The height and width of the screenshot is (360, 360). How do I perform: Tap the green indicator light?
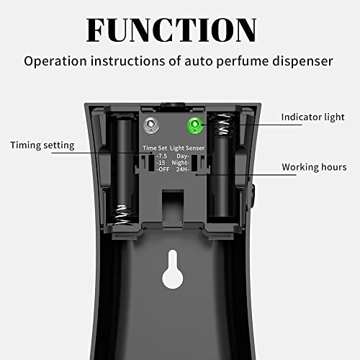[194, 124]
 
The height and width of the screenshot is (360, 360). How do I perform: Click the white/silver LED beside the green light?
[150, 124]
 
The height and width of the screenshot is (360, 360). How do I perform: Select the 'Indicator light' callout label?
[312, 117]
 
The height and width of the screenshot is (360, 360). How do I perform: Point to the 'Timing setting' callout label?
[42, 145]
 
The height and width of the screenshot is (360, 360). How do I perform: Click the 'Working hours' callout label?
[313, 167]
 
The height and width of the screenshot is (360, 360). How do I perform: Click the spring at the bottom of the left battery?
[125, 214]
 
